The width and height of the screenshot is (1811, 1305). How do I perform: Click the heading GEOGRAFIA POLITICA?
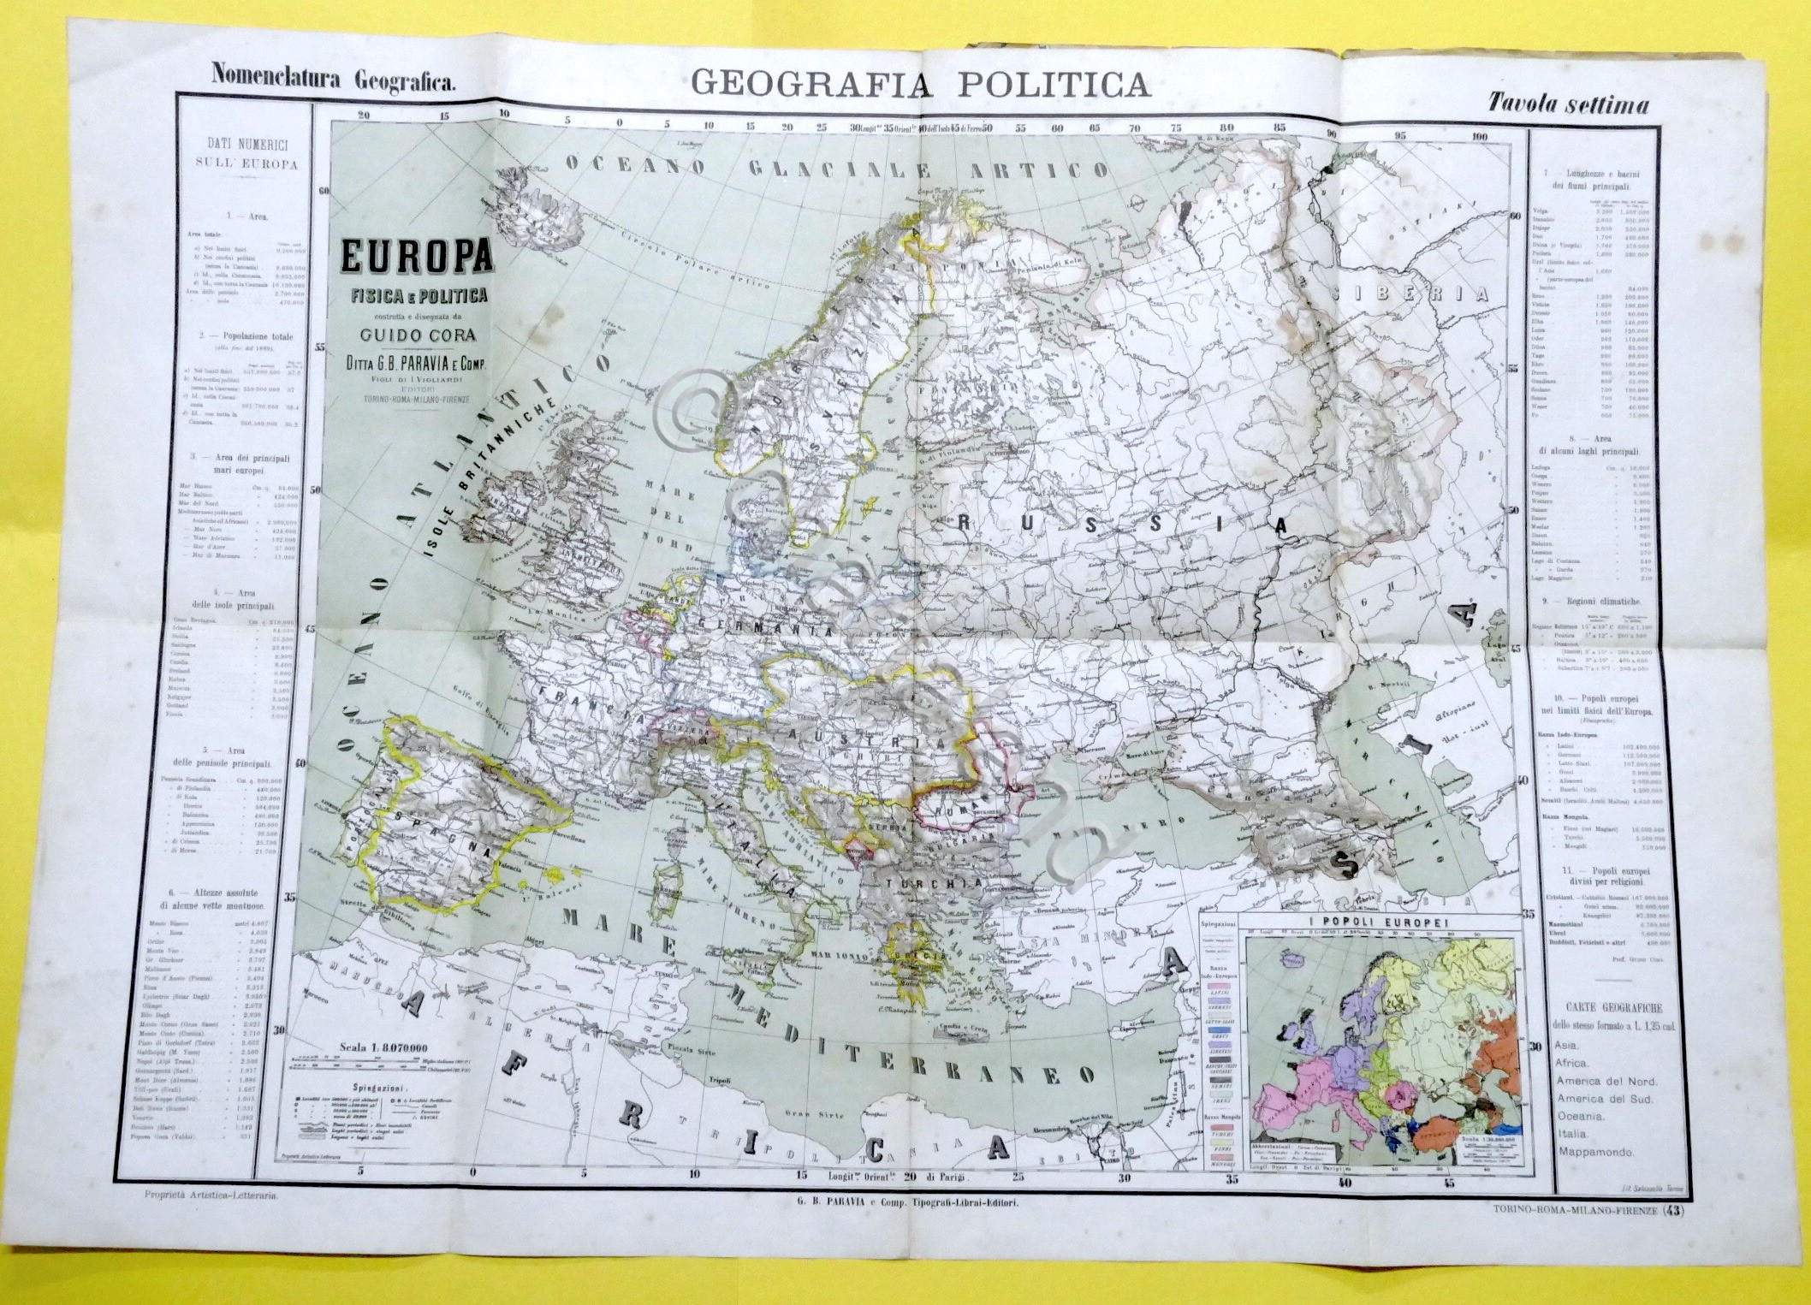[x=920, y=84]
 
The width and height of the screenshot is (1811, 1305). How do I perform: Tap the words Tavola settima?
[x=1568, y=104]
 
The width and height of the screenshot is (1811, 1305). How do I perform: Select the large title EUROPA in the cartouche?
[x=417, y=258]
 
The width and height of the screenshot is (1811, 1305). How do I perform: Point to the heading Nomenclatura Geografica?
[x=334, y=80]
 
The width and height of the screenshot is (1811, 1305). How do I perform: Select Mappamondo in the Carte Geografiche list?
[x=1595, y=1152]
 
